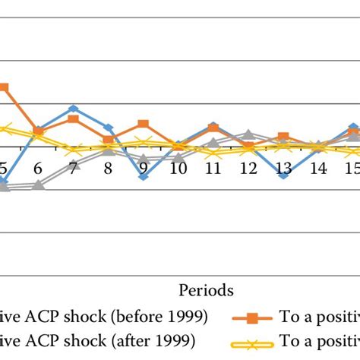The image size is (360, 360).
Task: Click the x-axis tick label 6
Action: point(38,169)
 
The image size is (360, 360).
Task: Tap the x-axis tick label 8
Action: point(108,169)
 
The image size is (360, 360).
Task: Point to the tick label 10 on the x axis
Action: point(178,169)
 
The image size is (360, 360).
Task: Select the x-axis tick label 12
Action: point(248,169)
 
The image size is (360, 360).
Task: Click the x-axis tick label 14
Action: point(318,169)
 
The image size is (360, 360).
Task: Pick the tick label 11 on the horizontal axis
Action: point(213,169)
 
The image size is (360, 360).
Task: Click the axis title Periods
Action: point(206,289)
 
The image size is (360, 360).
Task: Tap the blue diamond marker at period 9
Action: point(143,176)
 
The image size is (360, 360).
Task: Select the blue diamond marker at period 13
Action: point(283,175)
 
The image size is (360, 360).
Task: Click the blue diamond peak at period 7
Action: point(73,109)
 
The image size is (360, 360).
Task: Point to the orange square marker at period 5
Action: point(4,87)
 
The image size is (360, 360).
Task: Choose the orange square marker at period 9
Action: point(143,124)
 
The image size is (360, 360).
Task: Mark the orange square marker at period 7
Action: point(73,119)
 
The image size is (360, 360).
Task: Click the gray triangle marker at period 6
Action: point(38,185)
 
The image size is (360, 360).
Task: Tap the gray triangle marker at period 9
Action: point(143,159)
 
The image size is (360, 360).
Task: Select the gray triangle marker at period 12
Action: point(248,134)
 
